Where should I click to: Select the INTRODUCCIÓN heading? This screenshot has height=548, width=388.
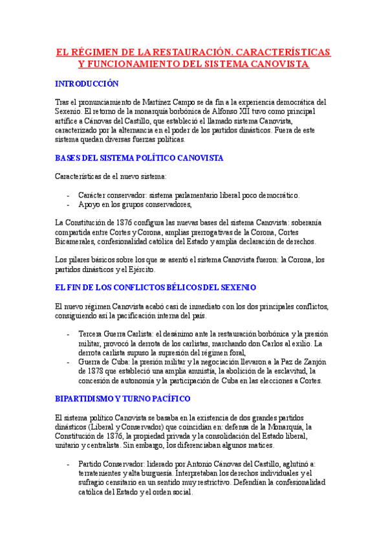click(x=87, y=84)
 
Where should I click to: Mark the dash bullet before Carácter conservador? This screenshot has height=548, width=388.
click(x=69, y=195)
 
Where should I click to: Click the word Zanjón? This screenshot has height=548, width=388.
click(x=318, y=363)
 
